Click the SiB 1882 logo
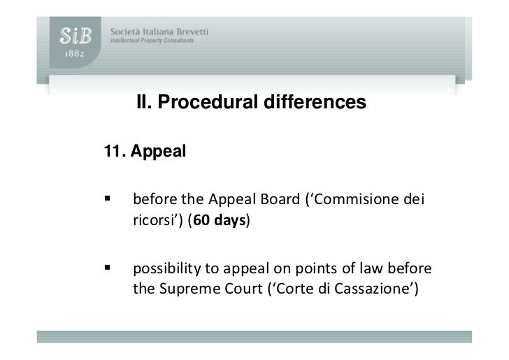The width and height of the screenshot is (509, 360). tap(72, 44)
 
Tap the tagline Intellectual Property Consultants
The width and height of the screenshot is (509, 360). tap(151, 41)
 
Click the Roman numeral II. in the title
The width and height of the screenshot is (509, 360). tap(144, 103)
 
